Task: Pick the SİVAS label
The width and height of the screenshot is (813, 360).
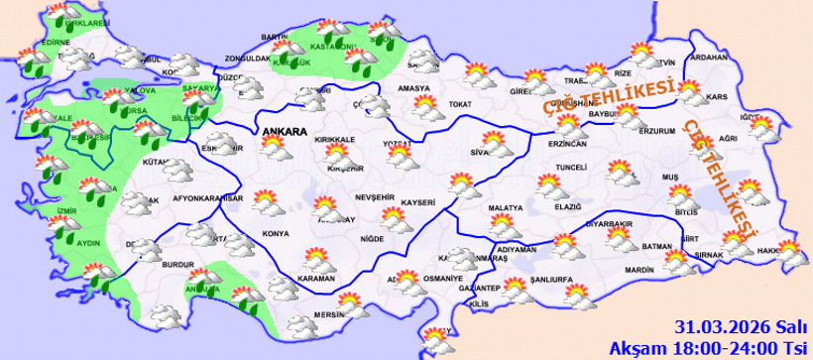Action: pyautogui.click(x=483, y=153)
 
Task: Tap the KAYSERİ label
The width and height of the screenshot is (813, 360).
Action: pyautogui.click(x=419, y=202)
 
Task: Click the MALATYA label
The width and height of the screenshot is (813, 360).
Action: pyautogui.click(x=505, y=208)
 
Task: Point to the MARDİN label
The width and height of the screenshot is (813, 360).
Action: pyautogui.click(x=639, y=269)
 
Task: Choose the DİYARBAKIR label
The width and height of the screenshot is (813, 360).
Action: pyautogui.click(x=608, y=224)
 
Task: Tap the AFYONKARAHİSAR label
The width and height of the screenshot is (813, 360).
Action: pyautogui.click(x=207, y=197)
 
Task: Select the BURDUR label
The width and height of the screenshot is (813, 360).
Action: pyautogui.click(x=176, y=266)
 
